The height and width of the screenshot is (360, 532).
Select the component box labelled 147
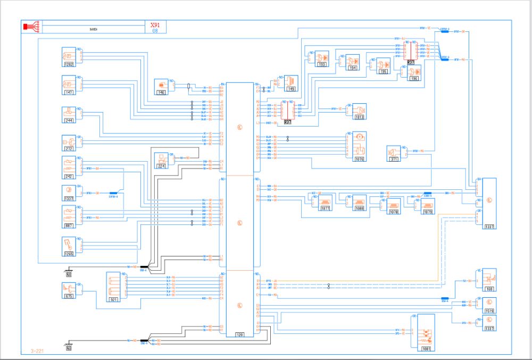[x=69, y=85]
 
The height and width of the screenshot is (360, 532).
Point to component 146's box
[x=161, y=87]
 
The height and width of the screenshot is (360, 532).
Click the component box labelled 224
[x=161, y=160]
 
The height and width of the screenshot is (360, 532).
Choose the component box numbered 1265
[x=69, y=247]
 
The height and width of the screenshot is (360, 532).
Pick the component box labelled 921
[x=113, y=287]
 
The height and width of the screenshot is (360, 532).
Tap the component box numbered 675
[x=69, y=291]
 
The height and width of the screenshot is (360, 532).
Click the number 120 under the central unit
[x=240, y=334]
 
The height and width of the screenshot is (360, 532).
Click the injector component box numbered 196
[x=413, y=72]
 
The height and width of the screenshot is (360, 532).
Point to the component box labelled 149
[x=290, y=82]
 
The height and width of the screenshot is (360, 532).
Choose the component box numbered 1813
[x=360, y=112]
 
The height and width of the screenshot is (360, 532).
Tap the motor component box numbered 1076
[x=360, y=146]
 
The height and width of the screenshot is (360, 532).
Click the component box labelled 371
[x=394, y=153]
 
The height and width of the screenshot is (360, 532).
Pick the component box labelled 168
[x=489, y=280]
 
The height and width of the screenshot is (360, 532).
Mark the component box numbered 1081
[x=426, y=332]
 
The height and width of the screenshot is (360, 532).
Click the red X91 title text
[x=155, y=25]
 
